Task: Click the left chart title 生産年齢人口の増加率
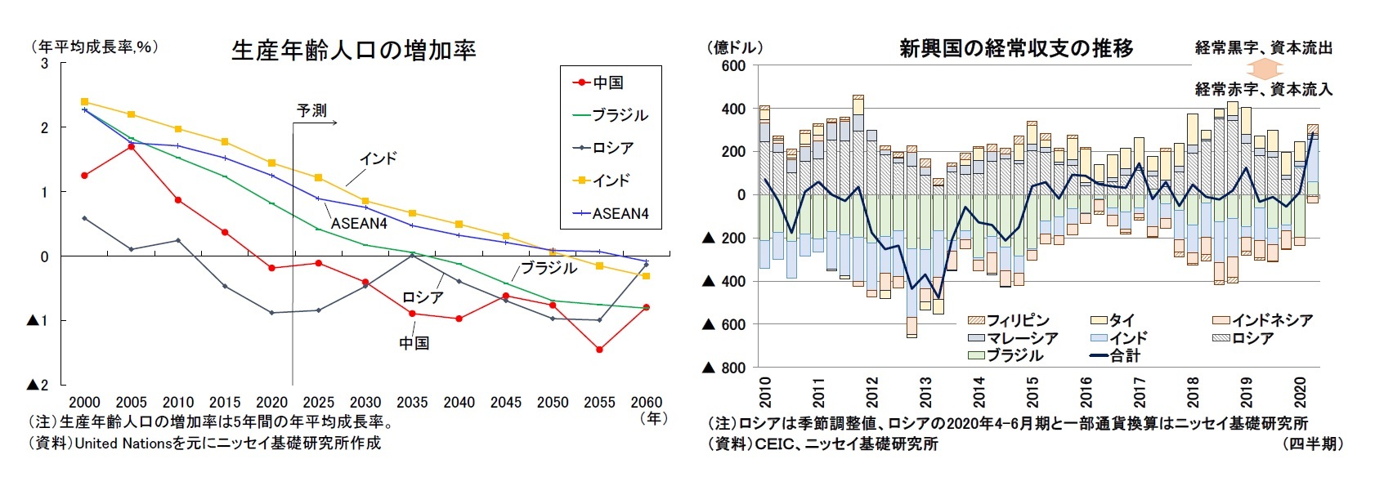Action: [353, 51]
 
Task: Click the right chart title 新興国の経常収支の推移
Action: [1015, 48]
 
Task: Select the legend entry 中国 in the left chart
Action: [607, 82]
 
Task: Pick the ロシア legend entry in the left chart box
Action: [612, 148]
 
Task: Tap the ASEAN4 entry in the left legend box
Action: [620, 213]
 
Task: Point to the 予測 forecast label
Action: [311, 110]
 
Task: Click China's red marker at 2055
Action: [599, 350]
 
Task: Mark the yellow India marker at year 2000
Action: [85, 102]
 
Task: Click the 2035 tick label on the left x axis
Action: [412, 402]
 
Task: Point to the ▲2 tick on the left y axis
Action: [38, 385]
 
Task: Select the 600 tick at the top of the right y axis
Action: [733, 66]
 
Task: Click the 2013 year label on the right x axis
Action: [925, 392]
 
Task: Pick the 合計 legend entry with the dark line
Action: [1124, 355]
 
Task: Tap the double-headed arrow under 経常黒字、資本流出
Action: [1263, 68]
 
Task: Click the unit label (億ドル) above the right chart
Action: [734, 47]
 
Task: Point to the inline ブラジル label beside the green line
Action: [549, 268]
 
